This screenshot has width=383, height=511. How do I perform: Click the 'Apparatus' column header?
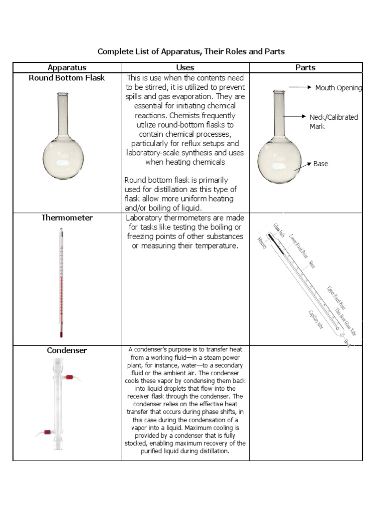coord(67,67)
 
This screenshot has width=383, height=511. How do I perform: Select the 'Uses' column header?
coord(185,67)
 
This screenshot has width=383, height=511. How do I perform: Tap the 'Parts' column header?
coord(305,67)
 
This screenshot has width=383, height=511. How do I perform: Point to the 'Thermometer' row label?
coord(67,218)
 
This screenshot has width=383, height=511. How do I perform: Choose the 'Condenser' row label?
coord(67,350)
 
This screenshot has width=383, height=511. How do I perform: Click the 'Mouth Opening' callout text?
coord(339,88)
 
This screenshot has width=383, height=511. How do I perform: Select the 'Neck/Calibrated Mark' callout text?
coord(334,121)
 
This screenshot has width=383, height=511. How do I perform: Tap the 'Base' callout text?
coord(321,164)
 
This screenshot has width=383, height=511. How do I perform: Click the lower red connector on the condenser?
coord(48,430)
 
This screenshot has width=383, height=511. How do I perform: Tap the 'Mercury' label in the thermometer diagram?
coord(263,243)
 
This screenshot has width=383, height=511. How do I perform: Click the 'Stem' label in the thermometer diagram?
coord(312,264)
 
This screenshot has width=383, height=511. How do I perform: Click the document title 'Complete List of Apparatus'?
coord(191,51)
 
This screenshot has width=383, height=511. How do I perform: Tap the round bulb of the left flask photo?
coord(63,159)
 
